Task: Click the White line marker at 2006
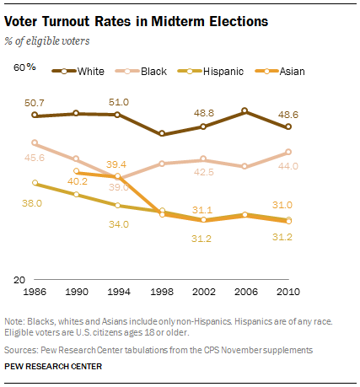[246, 110]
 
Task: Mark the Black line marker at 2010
[289, 152]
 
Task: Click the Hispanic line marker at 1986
[35, 182]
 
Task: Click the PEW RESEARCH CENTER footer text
[54, 367]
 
